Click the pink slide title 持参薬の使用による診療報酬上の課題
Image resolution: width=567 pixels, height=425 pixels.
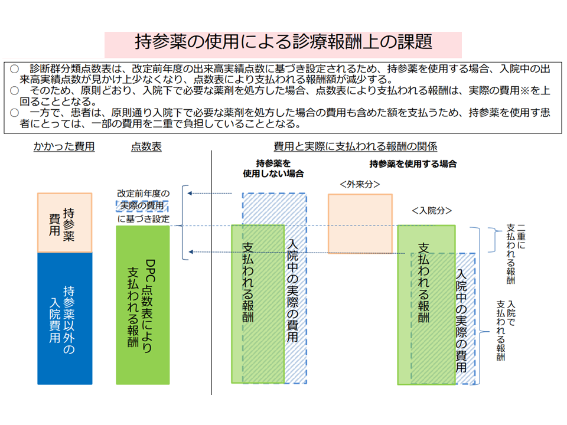click(x=283, y=42)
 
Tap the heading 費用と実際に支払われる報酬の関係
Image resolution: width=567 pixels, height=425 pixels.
click(x=355, y=146)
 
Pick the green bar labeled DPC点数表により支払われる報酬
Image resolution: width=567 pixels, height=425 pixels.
click(x=142, y=305)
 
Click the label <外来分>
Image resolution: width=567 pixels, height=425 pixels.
click(x=360, y=185)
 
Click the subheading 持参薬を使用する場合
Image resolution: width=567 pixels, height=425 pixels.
click(x=413, y=164)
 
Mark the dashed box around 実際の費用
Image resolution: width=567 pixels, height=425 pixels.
click(x=142, y=206)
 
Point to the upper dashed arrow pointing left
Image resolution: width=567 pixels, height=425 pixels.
click(x=210, y=194)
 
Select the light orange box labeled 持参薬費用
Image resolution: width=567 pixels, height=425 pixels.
click(x=64, y=223)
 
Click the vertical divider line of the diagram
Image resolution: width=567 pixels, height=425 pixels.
click(x=211, y=272)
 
